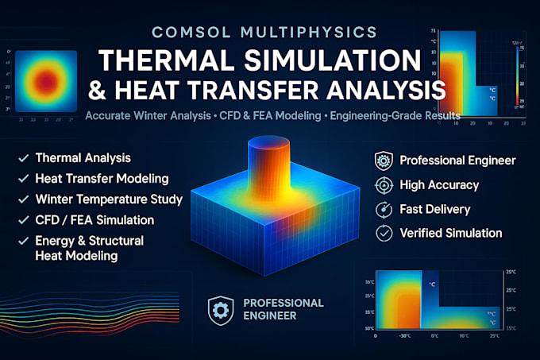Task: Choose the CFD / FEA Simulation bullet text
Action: [x=95, y=219]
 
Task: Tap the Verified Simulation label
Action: [x=451, y=233]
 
